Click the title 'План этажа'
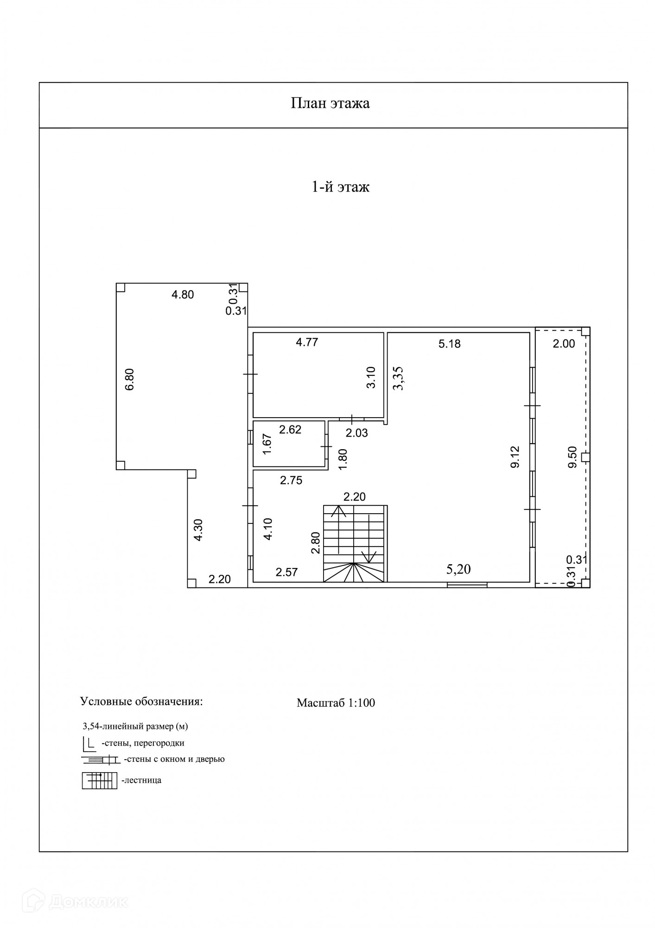coord(330,103)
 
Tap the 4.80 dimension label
coord(183,295)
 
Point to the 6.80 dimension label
coord(130,379)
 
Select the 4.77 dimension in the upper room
coord(307,343)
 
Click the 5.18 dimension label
coord(449,344)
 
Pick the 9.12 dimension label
coord(515,457)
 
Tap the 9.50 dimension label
coord(572,457)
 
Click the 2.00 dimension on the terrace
coord(564,344)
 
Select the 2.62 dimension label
coord(290,430)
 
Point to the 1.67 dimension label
coord(267,445)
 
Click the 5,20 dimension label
coord(458,569)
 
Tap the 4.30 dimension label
coord(198,529)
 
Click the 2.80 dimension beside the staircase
coord(316,542)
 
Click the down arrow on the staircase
coord(369,556)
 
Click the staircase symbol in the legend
coord(100,780)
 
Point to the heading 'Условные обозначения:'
coord(141,701)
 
